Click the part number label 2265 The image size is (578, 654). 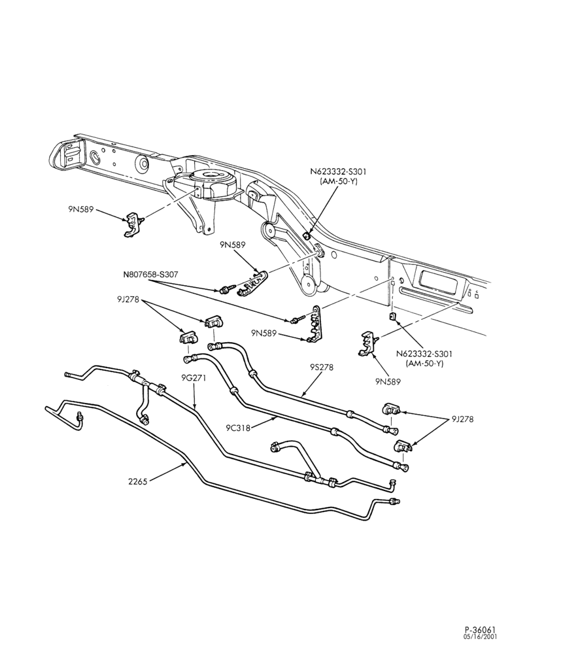pos(137,482)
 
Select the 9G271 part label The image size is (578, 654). pos(194,378)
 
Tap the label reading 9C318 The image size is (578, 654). pos(238,428)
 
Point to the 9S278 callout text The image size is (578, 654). pos(322,368)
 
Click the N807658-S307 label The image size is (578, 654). pos(150,275)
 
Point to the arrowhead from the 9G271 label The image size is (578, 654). pos(195,406)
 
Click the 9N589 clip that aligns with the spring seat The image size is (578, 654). pos(134,224)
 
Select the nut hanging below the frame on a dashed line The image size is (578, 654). pos(392,316)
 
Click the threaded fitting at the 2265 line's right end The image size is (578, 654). pos(394,501)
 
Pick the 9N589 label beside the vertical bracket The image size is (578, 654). pos(263,333)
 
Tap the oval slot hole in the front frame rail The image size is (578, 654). pos(95,157)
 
